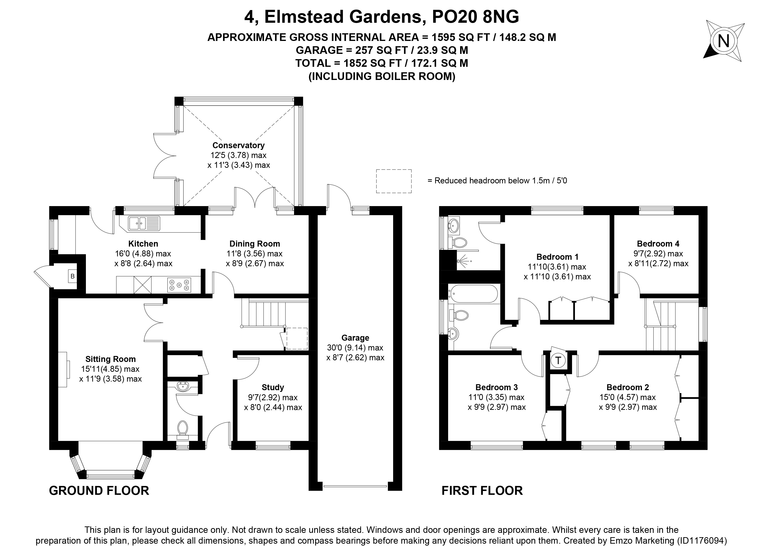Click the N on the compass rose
click(724, 41)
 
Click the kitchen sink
click(144, 223)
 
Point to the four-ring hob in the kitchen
click(179, 284)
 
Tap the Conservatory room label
click(239, 145)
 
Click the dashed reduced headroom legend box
click(394, 181)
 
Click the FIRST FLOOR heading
click(482, 491)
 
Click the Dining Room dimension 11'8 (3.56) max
click(255, 254)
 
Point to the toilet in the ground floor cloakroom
click(183, 429)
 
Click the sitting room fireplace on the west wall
click(64, 369)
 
